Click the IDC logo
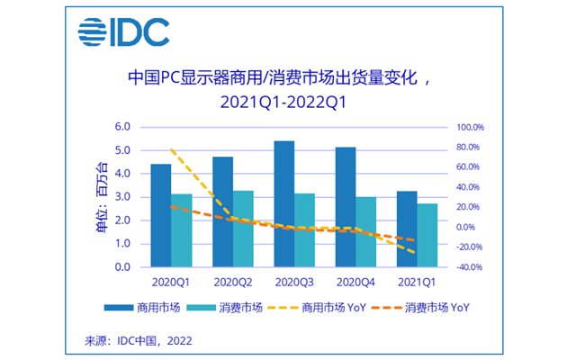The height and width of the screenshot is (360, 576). tap(122, 31)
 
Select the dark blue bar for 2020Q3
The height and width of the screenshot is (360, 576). tap(283, 204)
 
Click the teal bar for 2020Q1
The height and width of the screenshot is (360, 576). tap(182, 230)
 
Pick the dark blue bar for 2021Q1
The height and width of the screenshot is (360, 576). tap(407, 229)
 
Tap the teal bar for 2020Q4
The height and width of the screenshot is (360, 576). tap(366, 232)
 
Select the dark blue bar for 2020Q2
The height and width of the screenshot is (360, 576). tap(222, 212)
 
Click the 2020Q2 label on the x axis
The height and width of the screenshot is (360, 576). tap(233, 280)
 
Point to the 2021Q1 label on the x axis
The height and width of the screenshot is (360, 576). tap(417, 280)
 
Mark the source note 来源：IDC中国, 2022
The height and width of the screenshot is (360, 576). tap(138, 341)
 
